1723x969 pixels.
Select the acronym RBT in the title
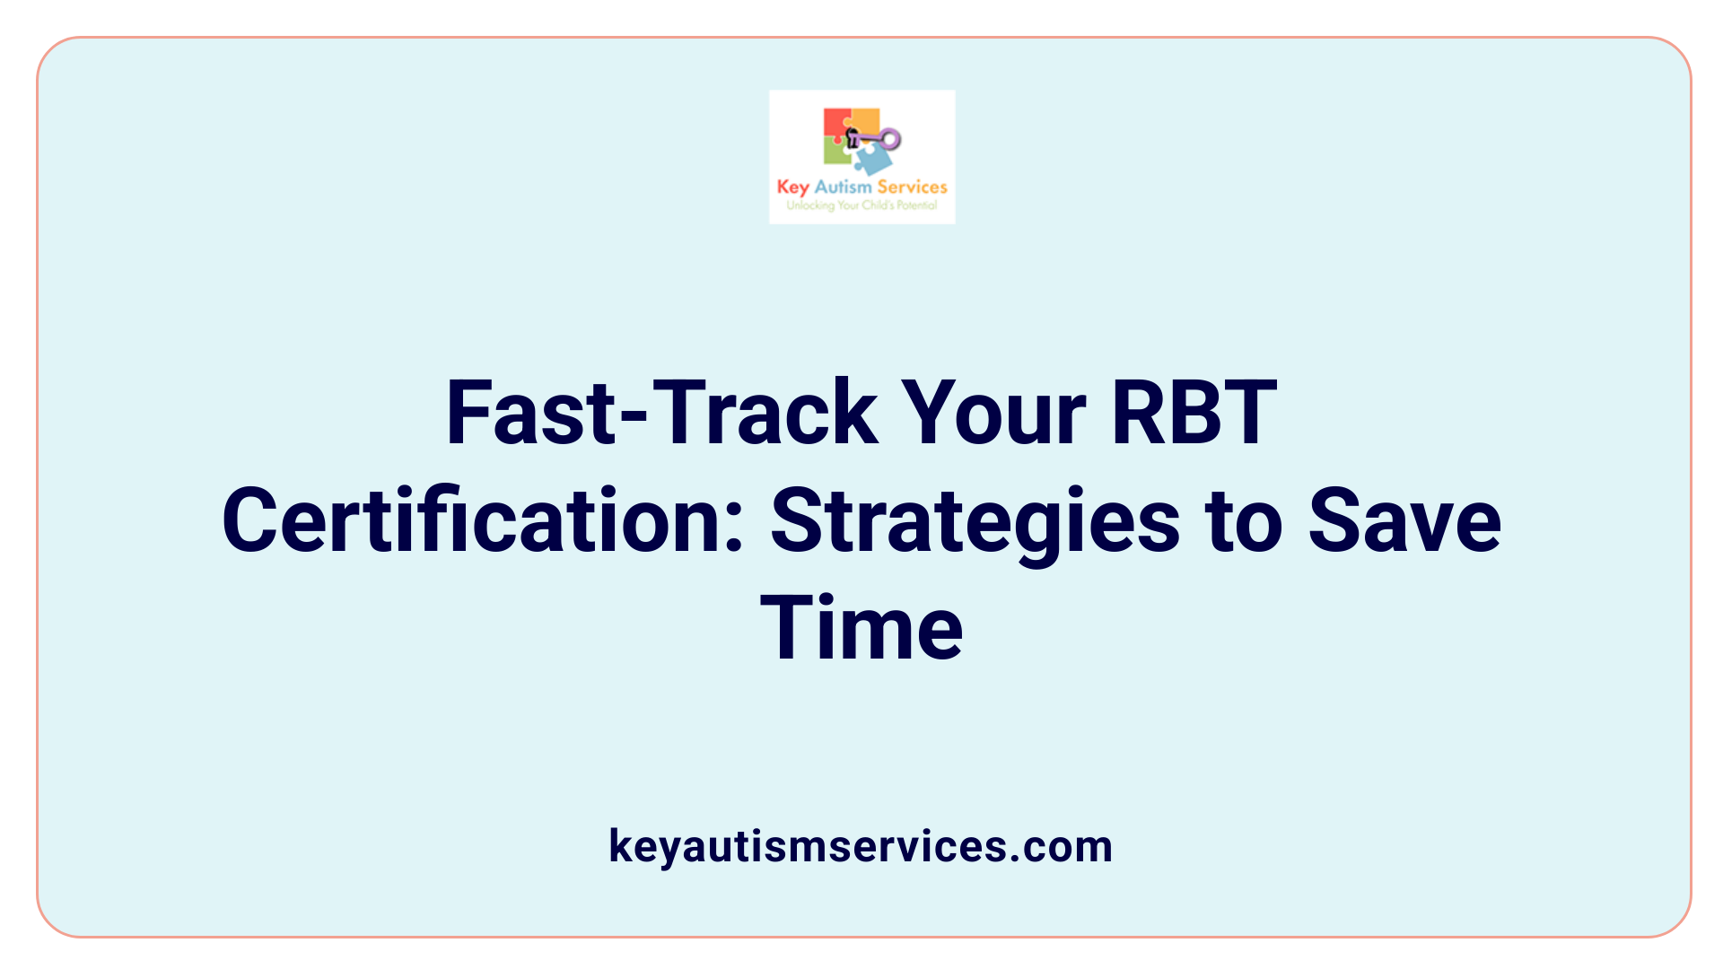tap(1194, 413)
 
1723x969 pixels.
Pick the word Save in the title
tap(1404, 520)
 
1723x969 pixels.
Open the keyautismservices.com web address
tap(861, 846)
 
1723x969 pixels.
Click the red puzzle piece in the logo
tap(836, 124)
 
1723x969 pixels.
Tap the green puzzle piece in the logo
tap(836, 152)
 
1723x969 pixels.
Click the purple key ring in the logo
tap(889, 139)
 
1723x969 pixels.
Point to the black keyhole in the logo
tap(853, 138)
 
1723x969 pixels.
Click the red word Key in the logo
tap(792, 187)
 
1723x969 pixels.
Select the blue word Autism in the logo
tap(843, 187)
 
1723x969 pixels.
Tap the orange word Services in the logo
tap(912, 187)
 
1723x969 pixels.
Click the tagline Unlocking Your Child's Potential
tap(861, 205)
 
